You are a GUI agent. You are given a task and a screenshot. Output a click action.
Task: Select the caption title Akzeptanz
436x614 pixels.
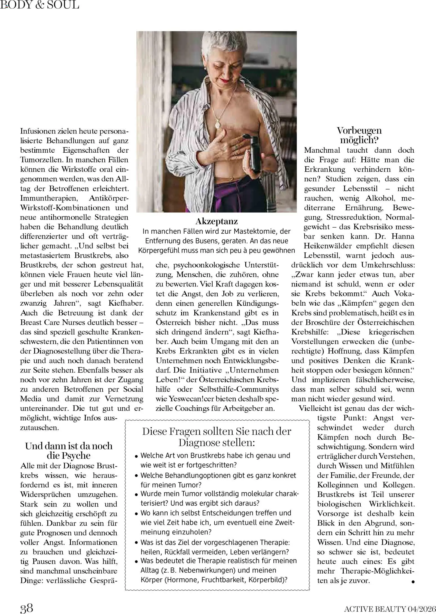pos(216,221)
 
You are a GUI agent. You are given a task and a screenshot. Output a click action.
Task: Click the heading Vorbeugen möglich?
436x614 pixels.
pos(359,135)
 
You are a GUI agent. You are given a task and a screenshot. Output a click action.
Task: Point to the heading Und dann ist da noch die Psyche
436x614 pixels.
pos(69,451)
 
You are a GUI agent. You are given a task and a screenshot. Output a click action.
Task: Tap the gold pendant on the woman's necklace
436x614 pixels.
pos(217,123)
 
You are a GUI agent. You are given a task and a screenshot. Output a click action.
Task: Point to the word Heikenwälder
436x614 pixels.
pos(328,246)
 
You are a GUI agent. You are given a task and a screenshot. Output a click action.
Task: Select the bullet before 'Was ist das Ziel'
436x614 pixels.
pos(136,543)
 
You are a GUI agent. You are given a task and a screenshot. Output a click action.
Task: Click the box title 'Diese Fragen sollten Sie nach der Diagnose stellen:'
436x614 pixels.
pos(217,437)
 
